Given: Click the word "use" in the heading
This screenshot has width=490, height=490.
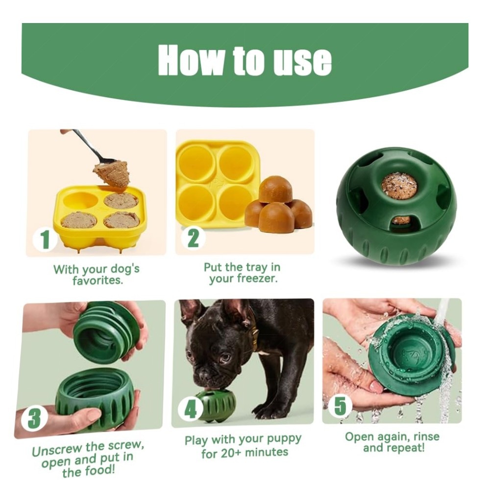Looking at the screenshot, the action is point(302,60).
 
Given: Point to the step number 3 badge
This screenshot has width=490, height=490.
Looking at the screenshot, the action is point(34,419).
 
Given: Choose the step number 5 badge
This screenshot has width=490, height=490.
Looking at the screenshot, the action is point(340,406).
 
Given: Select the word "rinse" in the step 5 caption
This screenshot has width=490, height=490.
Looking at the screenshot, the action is point(426,436).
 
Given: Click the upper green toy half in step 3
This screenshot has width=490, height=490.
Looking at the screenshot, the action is point(106,332).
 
